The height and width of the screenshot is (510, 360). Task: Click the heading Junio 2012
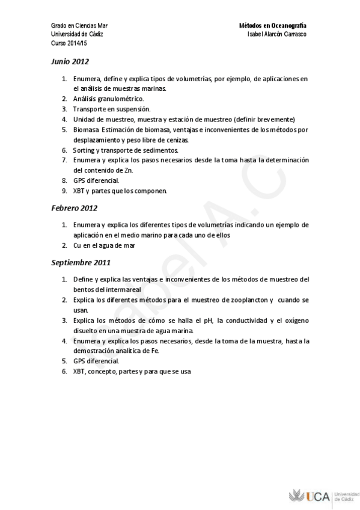70,61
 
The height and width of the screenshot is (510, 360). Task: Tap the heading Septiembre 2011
80,263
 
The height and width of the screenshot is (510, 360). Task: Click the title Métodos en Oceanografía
273,26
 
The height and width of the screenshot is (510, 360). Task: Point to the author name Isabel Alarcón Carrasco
277,35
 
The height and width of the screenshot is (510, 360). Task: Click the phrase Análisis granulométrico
108,99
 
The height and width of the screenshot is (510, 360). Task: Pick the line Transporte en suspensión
111,109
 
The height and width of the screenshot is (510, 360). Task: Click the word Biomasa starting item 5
87,129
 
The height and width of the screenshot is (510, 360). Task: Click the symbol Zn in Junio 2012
128,170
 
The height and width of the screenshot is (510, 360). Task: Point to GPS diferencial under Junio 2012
96,180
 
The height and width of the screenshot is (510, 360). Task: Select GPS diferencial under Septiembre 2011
96,361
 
